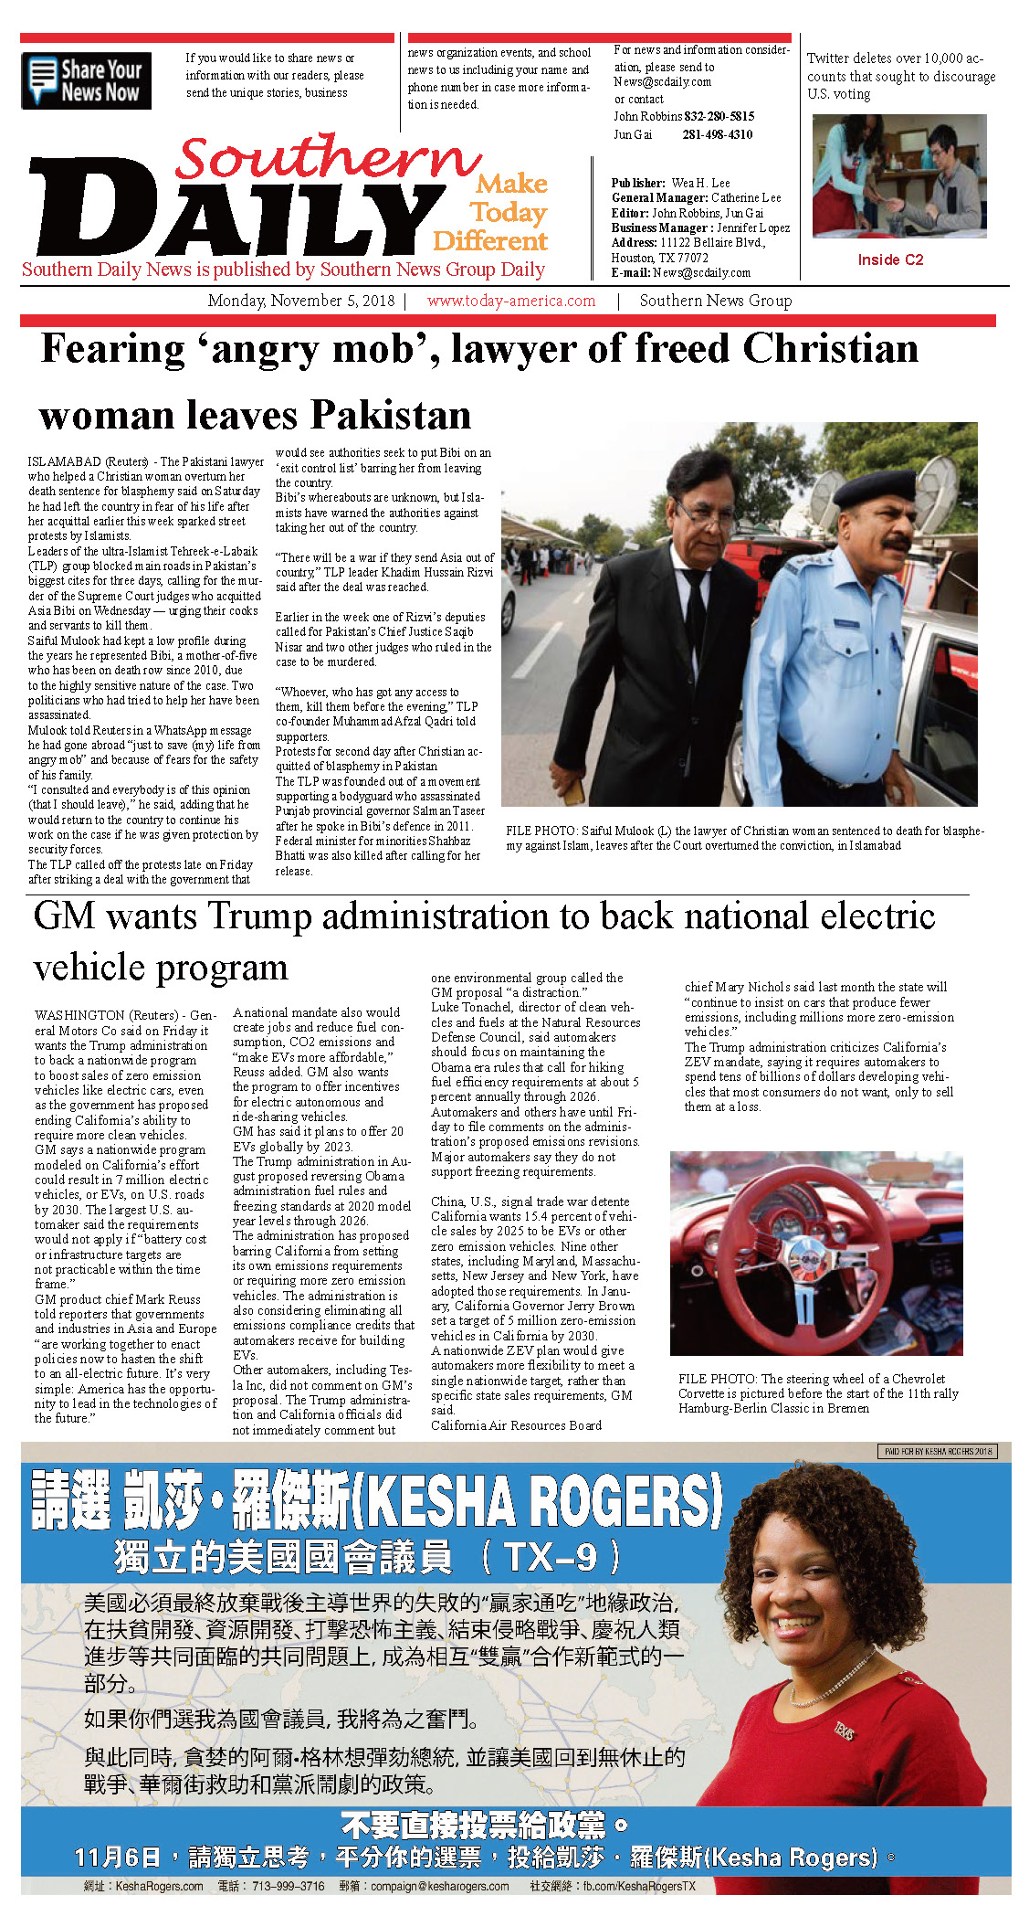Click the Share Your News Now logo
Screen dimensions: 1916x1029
[x=86, y=80]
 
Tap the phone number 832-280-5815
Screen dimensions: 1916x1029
[x=719, y=116]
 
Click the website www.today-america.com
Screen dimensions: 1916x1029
[x=510, y=301]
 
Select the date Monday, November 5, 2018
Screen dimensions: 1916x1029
[x=301, y=301]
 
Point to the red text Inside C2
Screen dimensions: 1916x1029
[x=890, y=259]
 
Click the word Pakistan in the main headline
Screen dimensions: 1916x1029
[x=392, y=415]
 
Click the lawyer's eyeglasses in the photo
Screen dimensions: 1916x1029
[x=701, y=510]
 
